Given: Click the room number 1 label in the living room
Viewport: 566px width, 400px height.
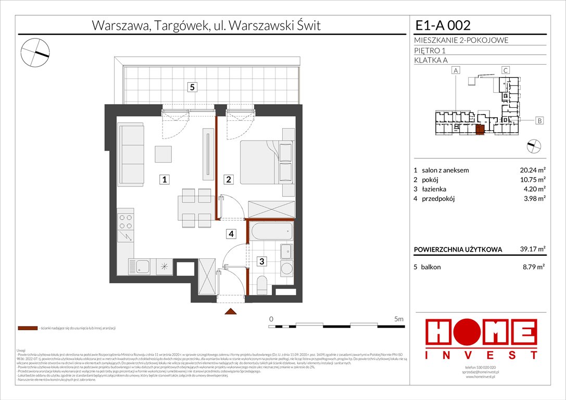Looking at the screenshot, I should coord(164,180).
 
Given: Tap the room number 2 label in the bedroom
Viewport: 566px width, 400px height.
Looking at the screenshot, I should coord(229,180).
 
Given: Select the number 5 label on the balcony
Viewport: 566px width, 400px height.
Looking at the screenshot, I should coord(192,87).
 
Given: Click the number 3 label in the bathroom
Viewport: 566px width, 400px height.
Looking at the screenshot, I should coord(262,261).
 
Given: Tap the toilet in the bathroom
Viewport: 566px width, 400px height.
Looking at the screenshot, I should coord(262,284).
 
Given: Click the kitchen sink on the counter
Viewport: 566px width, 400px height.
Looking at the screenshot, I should coord(140,267).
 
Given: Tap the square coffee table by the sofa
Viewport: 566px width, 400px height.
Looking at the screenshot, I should coord(163,154).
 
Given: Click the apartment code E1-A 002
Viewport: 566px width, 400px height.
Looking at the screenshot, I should coord(443,25).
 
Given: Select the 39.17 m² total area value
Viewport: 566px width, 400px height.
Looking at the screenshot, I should coord(532,249).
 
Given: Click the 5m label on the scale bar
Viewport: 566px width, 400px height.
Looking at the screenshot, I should coord(398,318).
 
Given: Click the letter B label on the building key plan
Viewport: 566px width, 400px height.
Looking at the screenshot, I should coord(539,121).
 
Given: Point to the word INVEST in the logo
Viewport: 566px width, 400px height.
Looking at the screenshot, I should coord(481,355).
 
